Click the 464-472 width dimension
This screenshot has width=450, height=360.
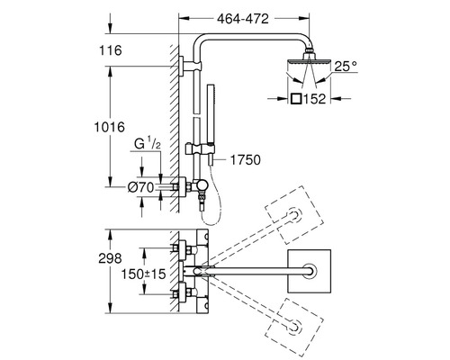[x=243, y=19]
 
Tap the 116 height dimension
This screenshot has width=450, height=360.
[x=111, y=50]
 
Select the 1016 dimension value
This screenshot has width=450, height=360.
[x=110, y=127]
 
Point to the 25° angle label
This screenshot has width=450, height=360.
[x=346, y=67]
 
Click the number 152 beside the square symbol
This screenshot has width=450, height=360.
[x=314, y=99]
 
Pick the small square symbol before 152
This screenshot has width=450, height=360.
[x=296, y=99]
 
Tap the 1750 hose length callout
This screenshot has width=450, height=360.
[x=245, y=160]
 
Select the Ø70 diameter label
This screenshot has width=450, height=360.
[x=140, y=188]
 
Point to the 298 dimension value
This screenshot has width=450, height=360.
[x=110, y=258]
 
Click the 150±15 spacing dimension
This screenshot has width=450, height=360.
[x=143, y=274]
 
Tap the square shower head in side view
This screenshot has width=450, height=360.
[x=309, y=62]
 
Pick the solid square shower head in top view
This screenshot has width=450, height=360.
[x=310, y=271]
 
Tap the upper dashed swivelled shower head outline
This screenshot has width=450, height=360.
[x=294, y=215]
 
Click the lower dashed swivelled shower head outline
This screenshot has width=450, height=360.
[x=294, y=328]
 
